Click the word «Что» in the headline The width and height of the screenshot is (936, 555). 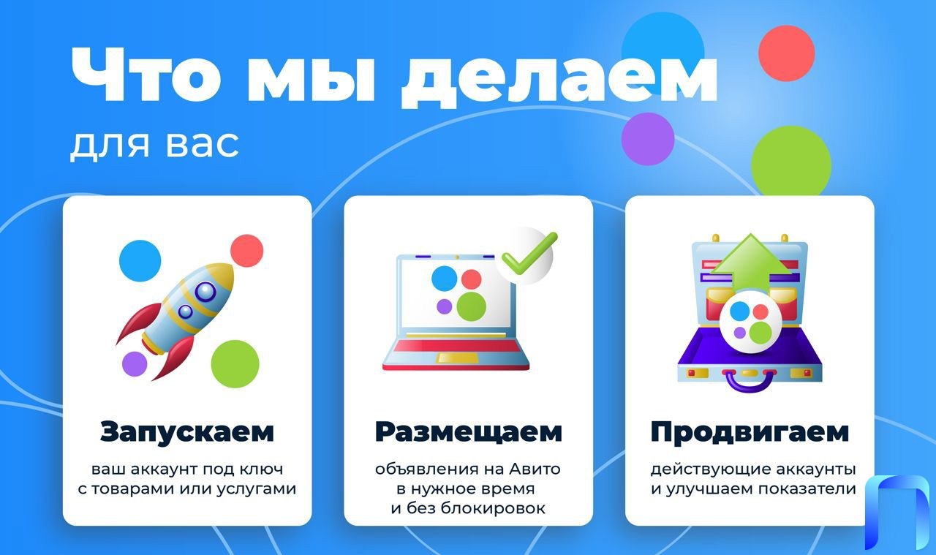click(146, 75)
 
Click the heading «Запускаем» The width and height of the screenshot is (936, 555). click(186, 432)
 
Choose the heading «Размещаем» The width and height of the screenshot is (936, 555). click(469, 432)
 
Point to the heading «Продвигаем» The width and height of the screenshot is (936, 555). click(750, 432)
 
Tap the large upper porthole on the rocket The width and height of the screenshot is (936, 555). click(205, 291)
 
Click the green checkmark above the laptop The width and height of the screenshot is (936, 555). click(529, 253)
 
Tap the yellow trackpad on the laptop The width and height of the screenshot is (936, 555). click(457, 358)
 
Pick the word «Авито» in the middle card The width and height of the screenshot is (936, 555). click(535, 469)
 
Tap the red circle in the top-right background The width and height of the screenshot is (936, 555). click(786, 53)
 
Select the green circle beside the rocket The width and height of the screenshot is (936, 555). click(235, 364)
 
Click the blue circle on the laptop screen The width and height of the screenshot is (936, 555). click(444, 279)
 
